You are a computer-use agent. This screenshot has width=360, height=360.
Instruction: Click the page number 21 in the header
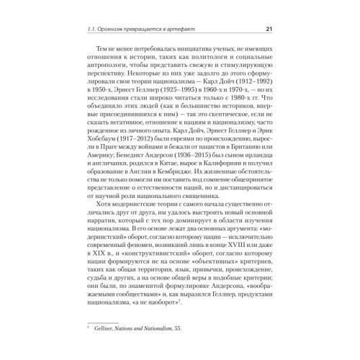coord(268,30)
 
